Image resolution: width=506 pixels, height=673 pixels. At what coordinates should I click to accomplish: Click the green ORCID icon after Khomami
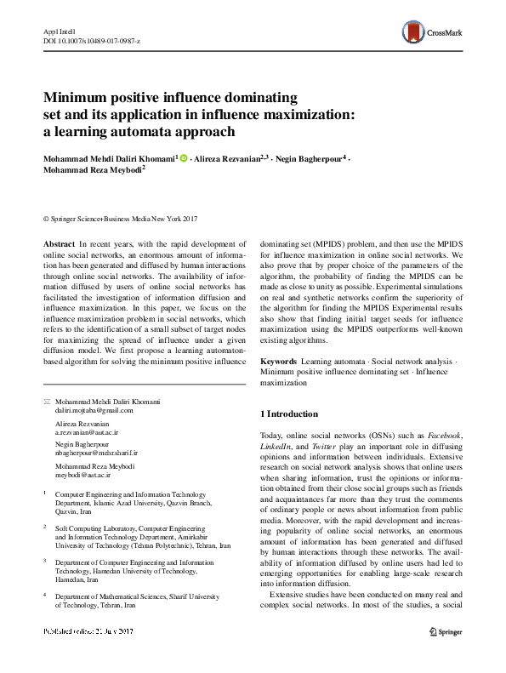click(184, 158)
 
